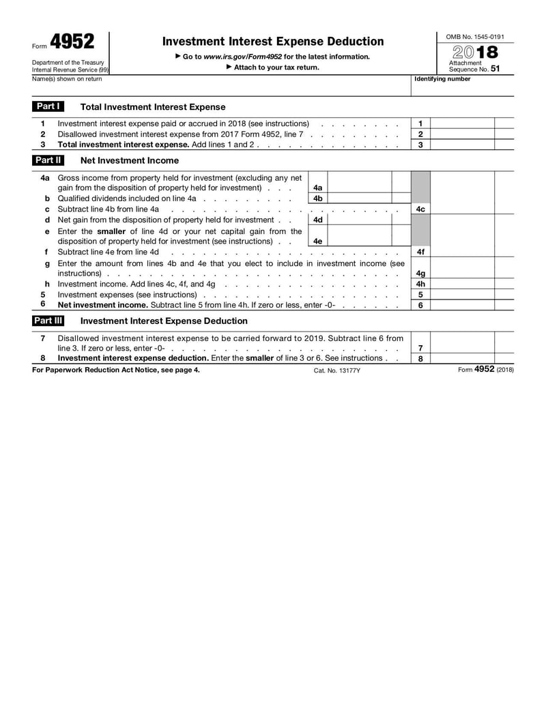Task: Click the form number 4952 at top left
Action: [72, 43]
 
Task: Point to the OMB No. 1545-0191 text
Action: [475, 36]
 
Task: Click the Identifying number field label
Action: [442, 79]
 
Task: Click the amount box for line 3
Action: [462, 145]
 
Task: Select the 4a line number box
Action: [317, 188]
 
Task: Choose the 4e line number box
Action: [317, 241]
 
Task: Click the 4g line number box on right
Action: [420, 274]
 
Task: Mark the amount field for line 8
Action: [462, 358]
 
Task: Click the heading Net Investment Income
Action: [130, 160]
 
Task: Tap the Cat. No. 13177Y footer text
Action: [336, 370]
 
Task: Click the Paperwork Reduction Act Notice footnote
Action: [116, 370]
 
